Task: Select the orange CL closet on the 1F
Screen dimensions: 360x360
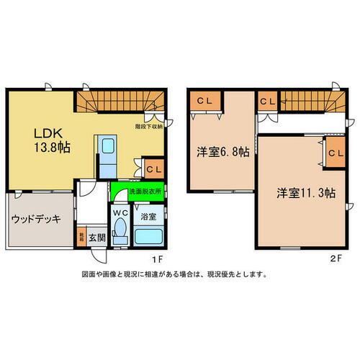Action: (153, 168)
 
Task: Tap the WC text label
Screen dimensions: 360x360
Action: (120, 212)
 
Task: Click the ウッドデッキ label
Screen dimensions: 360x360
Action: (36, 219)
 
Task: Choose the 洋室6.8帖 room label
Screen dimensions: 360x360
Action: (224, 153)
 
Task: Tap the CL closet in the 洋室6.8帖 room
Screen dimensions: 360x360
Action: (204, 102)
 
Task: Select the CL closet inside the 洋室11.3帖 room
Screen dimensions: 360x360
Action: (334, 153)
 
